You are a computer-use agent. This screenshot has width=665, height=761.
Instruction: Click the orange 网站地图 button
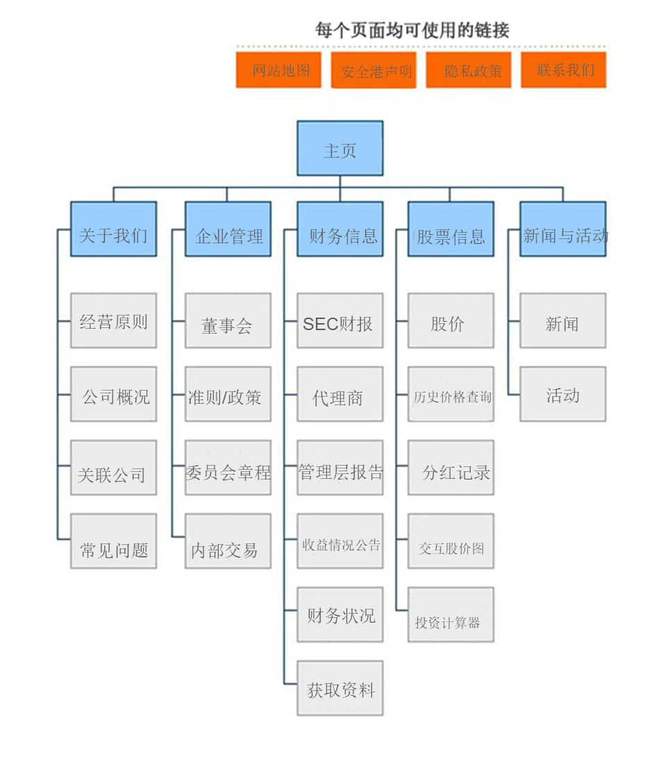point(278,70)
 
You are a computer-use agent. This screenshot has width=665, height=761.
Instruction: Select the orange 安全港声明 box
point(373,70)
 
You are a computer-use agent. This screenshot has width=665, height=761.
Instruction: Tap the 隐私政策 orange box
point(469,70)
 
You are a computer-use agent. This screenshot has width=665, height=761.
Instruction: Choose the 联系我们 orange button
point(564,70)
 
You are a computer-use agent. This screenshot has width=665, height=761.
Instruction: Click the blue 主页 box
point(340,149)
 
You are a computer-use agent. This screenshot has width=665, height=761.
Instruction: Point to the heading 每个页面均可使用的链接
point(412,30)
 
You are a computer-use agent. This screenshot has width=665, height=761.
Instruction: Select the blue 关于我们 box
point(113,229)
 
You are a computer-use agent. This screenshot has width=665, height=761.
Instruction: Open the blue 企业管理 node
point(228,229)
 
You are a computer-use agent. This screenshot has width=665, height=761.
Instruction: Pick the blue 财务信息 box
point(340,229)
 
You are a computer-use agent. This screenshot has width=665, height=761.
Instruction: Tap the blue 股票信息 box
point(451,229)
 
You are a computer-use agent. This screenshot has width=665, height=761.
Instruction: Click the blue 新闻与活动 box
point(563,229)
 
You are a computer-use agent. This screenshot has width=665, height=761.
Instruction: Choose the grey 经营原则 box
point(113,320)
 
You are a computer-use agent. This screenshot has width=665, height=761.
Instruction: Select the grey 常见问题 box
point(113,541)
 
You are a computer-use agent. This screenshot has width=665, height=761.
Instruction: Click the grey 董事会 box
point(228,320)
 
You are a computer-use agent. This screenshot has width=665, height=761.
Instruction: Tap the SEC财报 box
point(340,320)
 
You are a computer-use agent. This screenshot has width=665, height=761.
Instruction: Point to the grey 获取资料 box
point(340,688)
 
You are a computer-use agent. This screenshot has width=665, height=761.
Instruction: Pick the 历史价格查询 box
point(451,394)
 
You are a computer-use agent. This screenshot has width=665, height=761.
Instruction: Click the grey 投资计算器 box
point(451,615)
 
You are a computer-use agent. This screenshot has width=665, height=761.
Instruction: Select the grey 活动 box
point(563,394)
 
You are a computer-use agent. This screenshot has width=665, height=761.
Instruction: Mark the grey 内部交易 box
point(228,541)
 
